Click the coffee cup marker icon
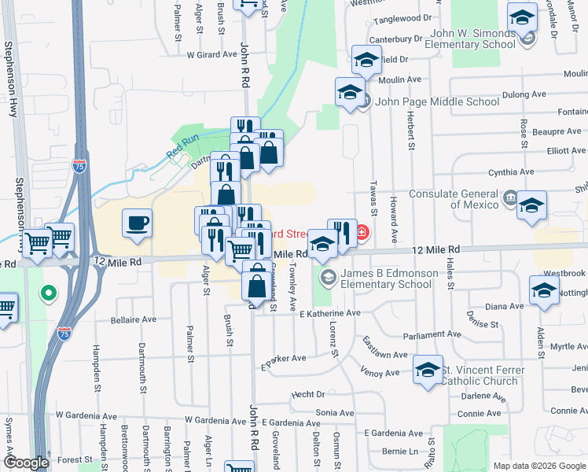(138, 222)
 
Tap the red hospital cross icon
(362, 232)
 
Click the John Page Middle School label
(436, 101)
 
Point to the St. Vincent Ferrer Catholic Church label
(479, 375)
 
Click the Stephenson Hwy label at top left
(11, 79)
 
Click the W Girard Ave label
(211, 55)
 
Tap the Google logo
(26, 463)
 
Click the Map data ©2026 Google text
(538, 466)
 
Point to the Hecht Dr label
(308, 395)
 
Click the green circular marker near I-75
(49, 295)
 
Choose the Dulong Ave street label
(526, 94)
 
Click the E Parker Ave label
(283, 360)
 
